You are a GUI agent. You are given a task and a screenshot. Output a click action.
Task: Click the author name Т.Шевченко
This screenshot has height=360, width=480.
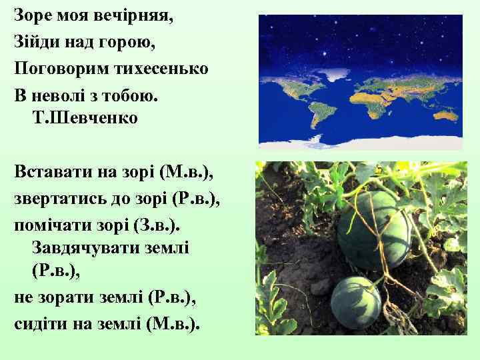[85, 119]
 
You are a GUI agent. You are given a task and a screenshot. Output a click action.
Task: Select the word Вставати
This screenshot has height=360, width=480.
[53, 172]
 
